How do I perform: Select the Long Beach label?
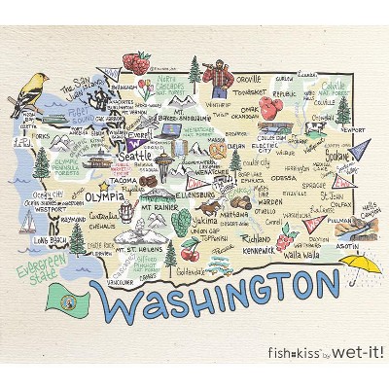[50, 239]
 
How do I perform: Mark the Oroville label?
[249, 79]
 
